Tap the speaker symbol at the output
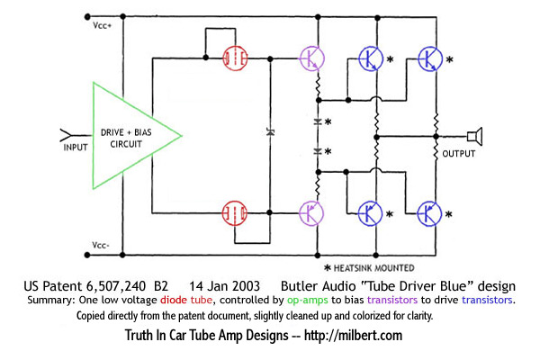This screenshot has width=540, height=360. coord(474,136)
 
